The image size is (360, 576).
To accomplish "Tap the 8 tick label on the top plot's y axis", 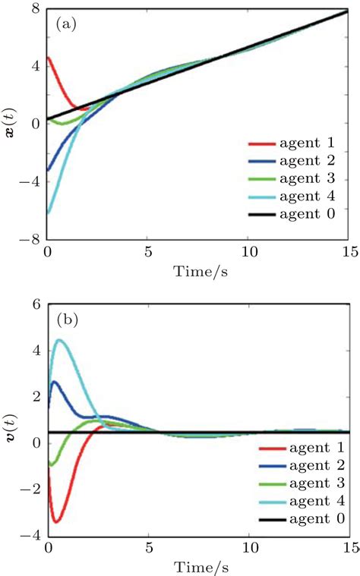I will (34, 10).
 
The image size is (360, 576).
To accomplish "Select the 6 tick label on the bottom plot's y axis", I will (34, 304).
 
